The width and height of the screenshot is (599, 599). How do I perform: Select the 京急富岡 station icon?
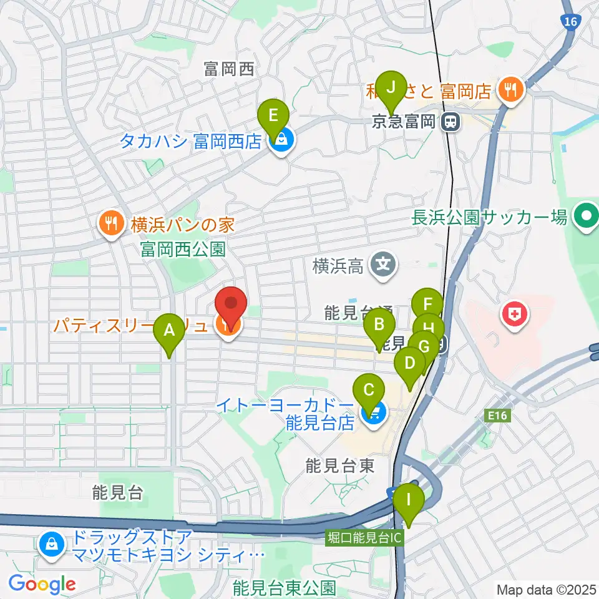click(449, 122)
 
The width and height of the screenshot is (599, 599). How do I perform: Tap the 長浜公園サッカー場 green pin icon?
click(587, 217)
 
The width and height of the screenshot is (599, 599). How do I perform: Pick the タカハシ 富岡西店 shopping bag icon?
click(281, 141)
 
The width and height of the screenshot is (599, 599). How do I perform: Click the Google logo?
click(42, 584)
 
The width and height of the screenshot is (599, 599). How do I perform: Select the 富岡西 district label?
click(229, 69)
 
